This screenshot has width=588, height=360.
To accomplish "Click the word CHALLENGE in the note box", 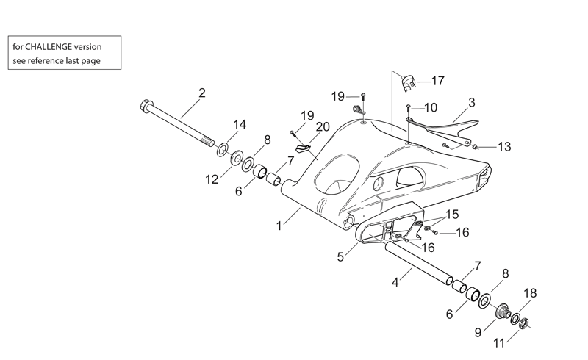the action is pyautogui.click(x=49, y=47).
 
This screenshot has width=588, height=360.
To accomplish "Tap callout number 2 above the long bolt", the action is pyautogui.click(x=202, y=93).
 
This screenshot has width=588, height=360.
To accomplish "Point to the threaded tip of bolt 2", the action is pyautogui.click(x=208, y=143).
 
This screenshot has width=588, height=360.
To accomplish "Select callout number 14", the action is pyautogui.click(x=240, y=124).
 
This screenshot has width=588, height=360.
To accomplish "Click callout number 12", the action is pyautogui.click(x=212, y=179).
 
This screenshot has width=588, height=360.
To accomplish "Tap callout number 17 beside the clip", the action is pyautogui.click(x=437, y=81).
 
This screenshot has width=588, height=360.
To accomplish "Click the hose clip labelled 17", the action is pyautogui.click(x=408, y=83).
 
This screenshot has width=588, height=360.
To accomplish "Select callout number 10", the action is pyautogui.click(x=431, y=107).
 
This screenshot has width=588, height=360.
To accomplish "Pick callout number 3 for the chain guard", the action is pyautogui.click(x=472, y=102).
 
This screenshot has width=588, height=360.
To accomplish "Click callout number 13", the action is pyautogui.click(x=504, y=147).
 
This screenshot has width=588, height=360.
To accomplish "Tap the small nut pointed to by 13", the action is pyautogui.click(x=475, y=147).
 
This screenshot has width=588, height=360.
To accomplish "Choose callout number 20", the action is pyautogui.click(x=323, y=127).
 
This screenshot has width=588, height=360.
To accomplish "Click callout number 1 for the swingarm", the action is pyautogui.click(x=279, y=226).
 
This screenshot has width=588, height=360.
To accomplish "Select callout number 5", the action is pyautogui.click(x=340, y=257).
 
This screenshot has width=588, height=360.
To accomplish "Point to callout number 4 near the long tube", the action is pyautogui.click(x=395, y=282).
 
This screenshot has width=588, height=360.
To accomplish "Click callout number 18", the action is pyautogui.click(x=530, y=293).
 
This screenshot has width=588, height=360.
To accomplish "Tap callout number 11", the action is pyautogui.click(x=499, y=343).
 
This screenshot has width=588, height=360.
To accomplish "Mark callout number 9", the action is pyautogui.click(x=478, y=332).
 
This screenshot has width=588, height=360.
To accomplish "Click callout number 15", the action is pyautogui.click(x=452, y=215).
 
